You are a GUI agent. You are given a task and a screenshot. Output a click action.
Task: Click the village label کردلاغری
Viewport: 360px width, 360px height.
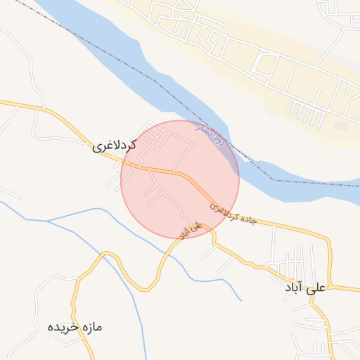tap(114, 146)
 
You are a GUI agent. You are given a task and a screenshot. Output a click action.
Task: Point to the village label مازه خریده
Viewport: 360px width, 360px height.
tap(75, 327)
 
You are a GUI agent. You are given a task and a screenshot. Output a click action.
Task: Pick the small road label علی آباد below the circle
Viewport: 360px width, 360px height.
tap(191, 230)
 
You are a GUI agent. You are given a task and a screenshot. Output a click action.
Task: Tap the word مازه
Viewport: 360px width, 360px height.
tap(92, 327)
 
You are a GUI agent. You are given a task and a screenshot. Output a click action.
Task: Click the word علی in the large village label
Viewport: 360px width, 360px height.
tap(317, 288)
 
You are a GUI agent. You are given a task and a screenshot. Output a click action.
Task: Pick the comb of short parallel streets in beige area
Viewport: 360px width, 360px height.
tap(302, 109)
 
